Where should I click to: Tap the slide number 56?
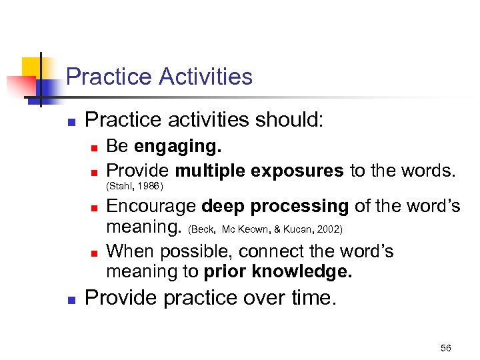(x=446, y=348)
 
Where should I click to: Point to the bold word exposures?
(x=299, y=170)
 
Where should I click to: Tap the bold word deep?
(x=224, y=207)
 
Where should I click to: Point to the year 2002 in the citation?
(x=329, y=229)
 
